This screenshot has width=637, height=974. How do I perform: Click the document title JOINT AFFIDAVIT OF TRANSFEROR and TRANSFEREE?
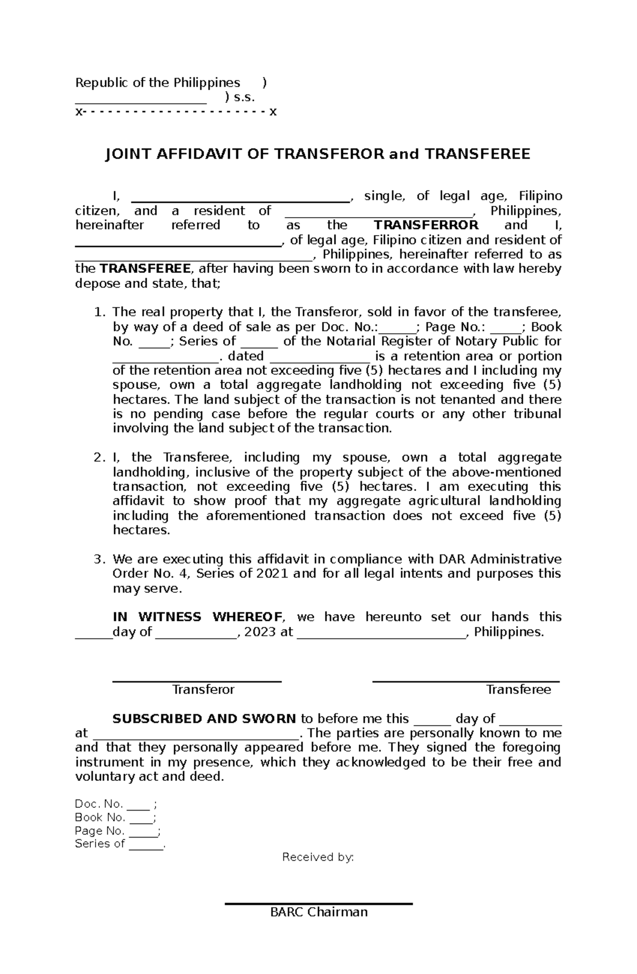coord(318,154)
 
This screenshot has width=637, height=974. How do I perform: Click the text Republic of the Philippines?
coord(158,83)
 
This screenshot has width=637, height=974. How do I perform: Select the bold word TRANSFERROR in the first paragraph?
coord(426,225)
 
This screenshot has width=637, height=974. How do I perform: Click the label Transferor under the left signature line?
coord(203,690)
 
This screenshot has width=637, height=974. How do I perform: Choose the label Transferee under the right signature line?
coord(519,690)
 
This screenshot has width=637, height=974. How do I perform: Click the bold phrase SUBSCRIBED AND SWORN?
coord(204,719)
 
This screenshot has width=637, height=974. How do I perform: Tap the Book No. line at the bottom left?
coord(115,817)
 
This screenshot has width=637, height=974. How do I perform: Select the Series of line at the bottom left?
coord(120,844)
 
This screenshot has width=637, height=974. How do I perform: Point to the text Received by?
coord(318,857)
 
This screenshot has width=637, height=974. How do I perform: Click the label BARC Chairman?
coord(318,912)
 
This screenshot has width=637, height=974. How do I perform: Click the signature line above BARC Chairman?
coord(318,903)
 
